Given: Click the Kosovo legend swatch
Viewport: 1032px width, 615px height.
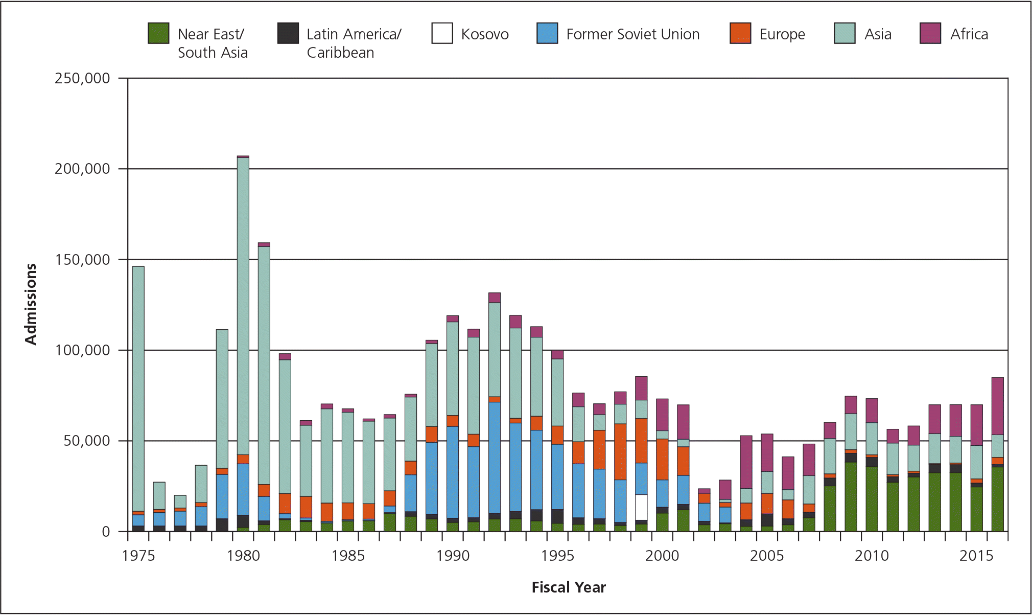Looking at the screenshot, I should (x=442, y=33).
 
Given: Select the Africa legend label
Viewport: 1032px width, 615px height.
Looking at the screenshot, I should (x=969, y=34).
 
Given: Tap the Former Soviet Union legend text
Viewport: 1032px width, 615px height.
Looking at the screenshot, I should (x=632, y=34).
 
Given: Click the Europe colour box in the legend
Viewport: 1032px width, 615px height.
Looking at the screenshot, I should (x=740, y=33).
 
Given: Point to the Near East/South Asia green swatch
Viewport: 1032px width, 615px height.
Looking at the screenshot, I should (x=158, y=33).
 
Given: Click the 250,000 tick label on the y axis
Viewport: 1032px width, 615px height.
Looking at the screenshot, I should (x=82, y=78).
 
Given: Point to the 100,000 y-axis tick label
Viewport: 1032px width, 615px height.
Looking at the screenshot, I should (x=82, y=350).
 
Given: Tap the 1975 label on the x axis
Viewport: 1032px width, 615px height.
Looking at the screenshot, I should (x=138, y=556).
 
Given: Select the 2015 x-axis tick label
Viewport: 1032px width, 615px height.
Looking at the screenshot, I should (x=976, y=556).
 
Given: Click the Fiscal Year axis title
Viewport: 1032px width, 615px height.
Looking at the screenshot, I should (x=568, y=587).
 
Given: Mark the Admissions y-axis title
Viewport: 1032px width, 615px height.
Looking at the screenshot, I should (x=31, y=304).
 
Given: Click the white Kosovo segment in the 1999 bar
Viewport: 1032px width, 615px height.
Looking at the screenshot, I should (x=641, y=507).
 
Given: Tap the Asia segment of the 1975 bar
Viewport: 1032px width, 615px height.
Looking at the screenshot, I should (x=138, y=389).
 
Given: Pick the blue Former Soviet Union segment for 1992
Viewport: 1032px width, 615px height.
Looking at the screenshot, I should (x=495, y=458).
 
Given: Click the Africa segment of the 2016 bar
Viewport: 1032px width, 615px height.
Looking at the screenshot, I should (x=997, y=406).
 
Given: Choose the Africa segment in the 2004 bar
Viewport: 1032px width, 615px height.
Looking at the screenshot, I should (x=746, y=462).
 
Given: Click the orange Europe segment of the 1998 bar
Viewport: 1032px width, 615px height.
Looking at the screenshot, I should (x=620, y=452).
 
